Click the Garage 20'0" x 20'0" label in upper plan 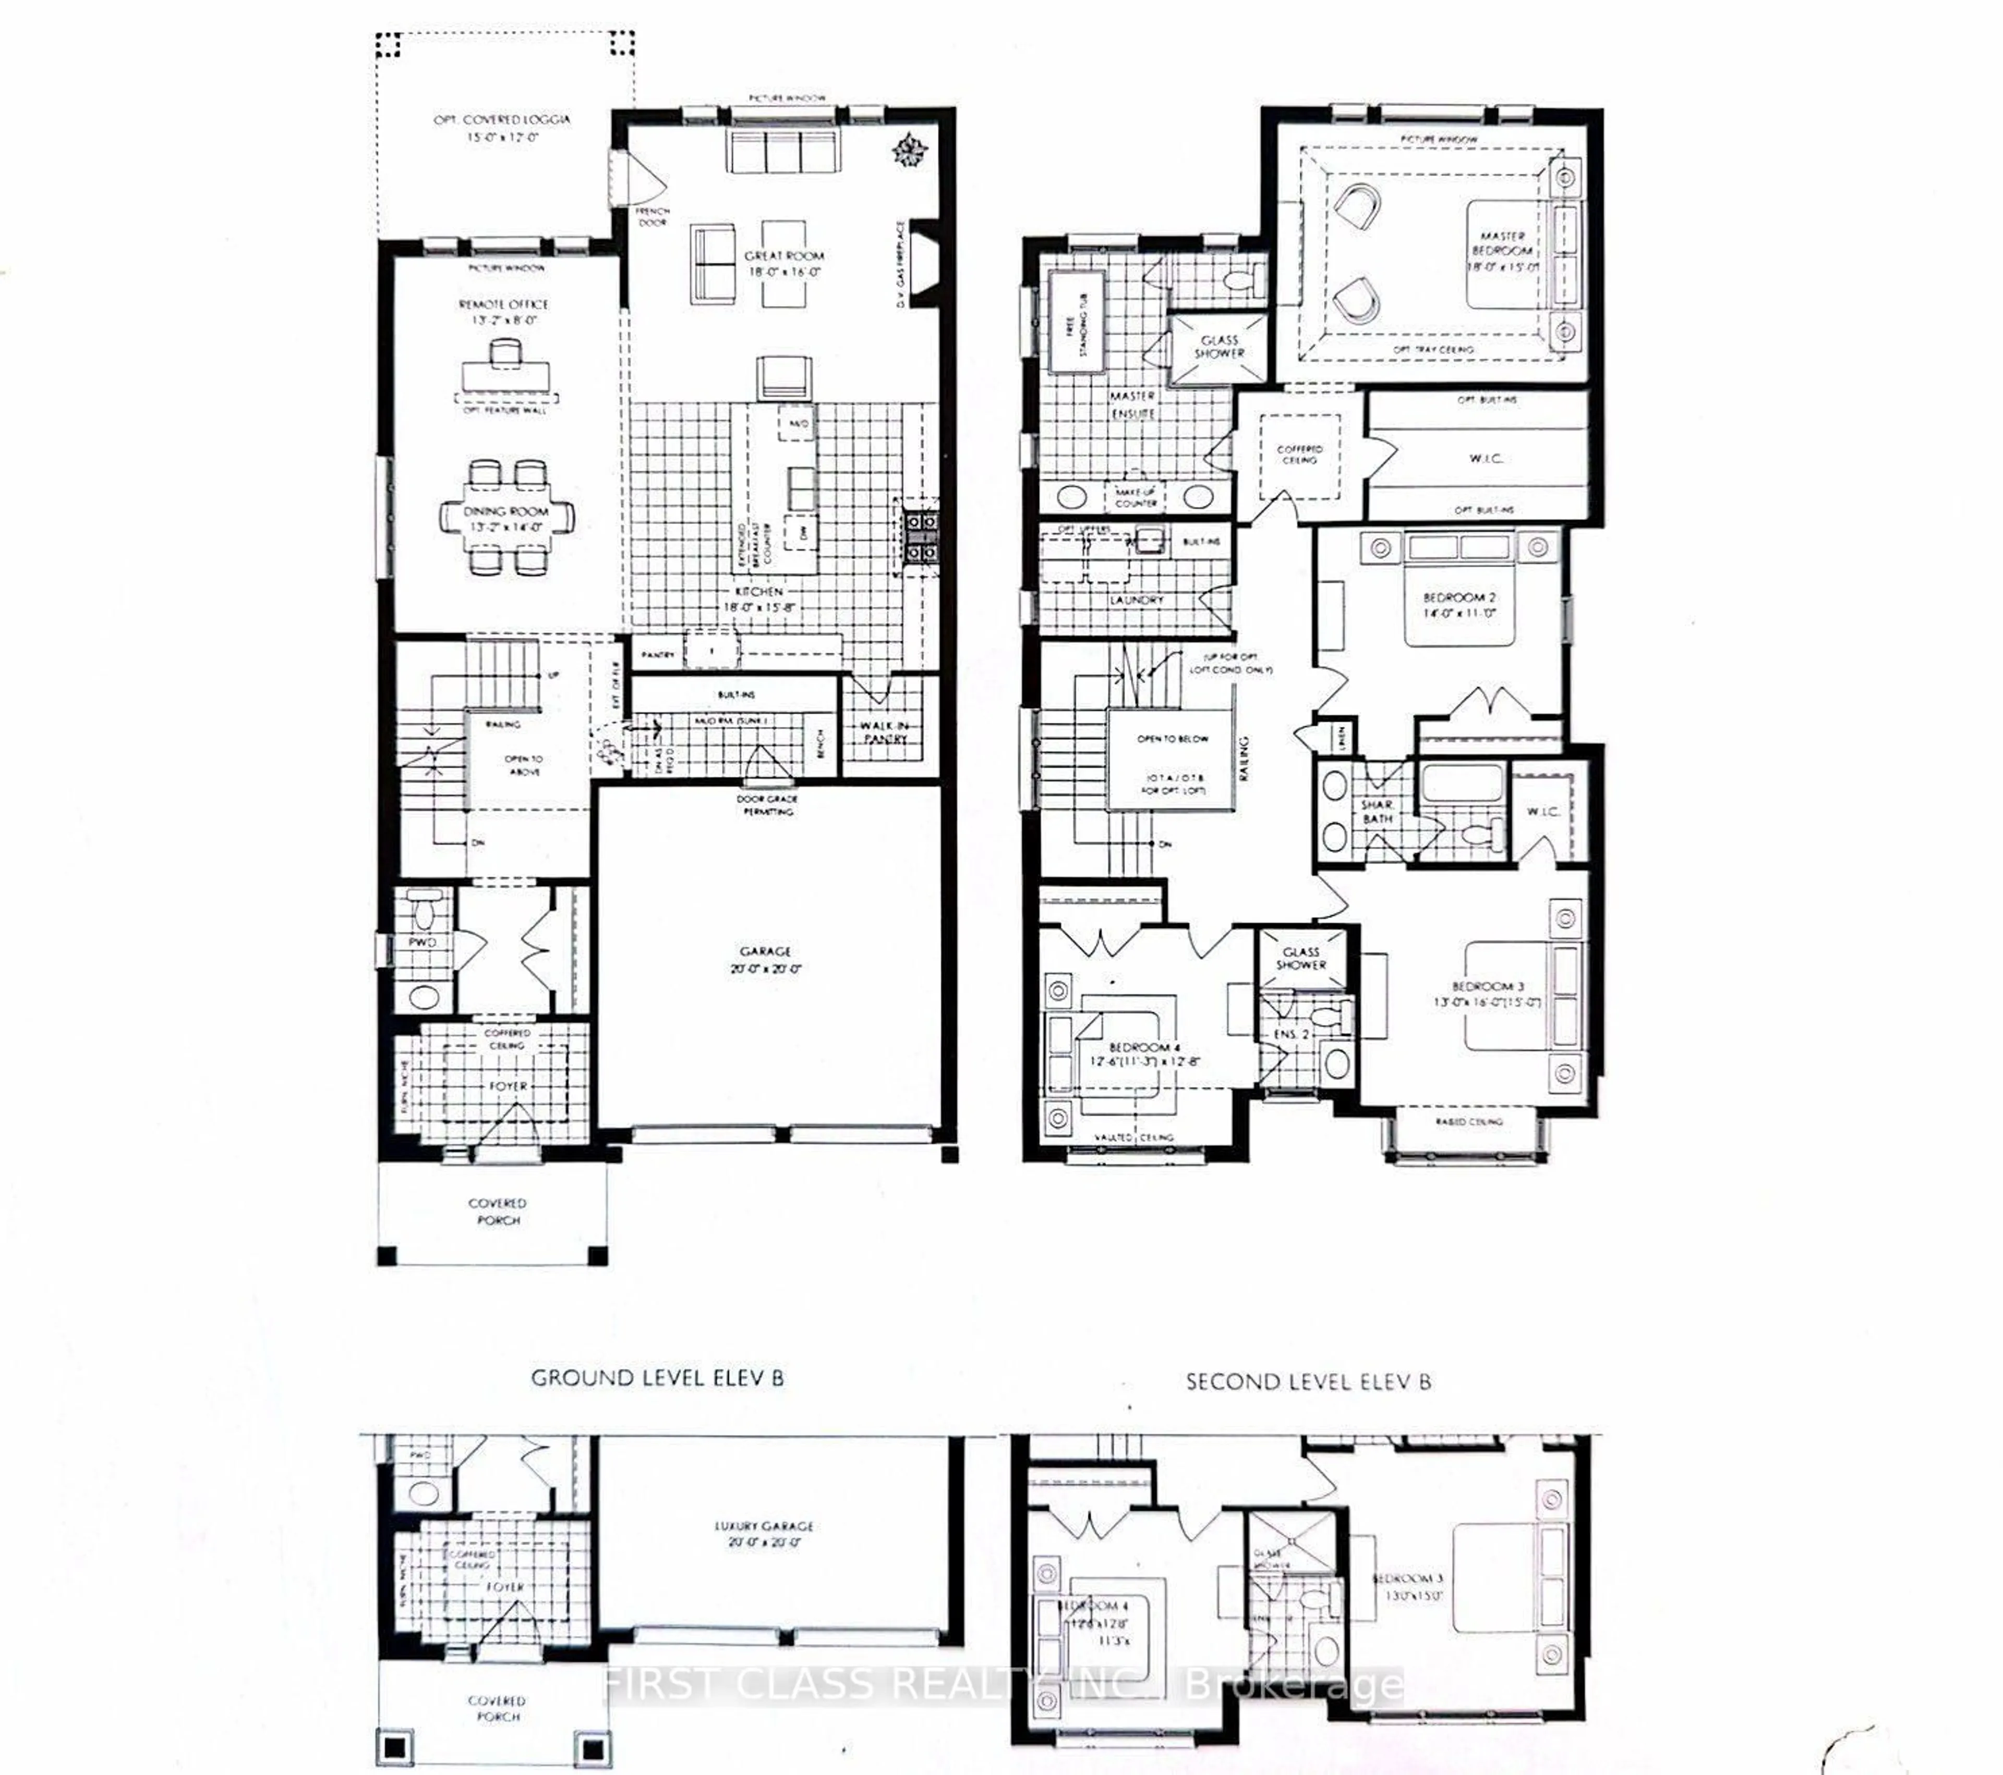(765, 959)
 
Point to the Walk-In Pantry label (884, 732)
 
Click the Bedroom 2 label (1459, 604)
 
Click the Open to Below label (1172, 739)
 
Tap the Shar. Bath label (1377, 811)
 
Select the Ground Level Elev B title (657, 1377)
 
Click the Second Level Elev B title (1307, 1381)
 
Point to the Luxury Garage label (763, 1533)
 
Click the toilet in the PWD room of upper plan (424, 912)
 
